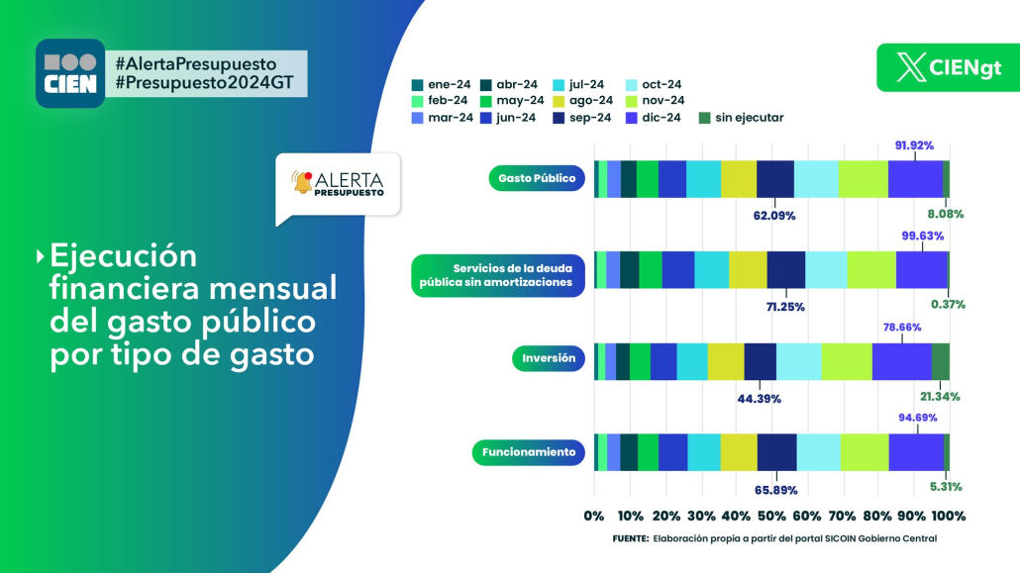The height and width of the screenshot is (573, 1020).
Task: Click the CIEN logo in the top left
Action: coord(70,73)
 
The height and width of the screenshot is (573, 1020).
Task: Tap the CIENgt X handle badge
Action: coord(949,67)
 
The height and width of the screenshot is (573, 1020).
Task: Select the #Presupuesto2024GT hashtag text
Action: coord(205,83)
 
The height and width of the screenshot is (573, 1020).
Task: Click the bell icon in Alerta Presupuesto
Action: coord(302,183)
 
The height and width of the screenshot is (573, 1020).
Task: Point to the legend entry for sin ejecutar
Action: coord(741,118)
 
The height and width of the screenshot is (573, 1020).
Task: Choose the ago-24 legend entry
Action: coord(583,101)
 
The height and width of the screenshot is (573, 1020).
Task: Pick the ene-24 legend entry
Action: coord(441,84)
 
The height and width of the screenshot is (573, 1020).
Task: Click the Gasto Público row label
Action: coord(537,178)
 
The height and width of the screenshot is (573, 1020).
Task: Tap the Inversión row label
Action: coord(549,358)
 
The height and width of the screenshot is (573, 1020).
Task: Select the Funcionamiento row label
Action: coord(528,452)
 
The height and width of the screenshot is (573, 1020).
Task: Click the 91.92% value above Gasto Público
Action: coord(914,145)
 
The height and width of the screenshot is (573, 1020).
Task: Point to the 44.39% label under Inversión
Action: coord(760,399)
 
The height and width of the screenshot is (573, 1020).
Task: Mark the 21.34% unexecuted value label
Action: coord(940,396)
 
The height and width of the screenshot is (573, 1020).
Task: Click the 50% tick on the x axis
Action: coord(771,516)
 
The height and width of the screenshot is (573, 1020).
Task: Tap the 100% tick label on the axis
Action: coord(949,516)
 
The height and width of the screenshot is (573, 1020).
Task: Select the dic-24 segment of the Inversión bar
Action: coord(901,361)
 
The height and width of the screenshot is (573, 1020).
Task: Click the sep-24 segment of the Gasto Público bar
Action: coord(774,179)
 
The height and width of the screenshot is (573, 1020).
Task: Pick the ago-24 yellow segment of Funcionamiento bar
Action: coord(739,452)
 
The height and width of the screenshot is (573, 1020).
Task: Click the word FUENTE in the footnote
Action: coord(631,538)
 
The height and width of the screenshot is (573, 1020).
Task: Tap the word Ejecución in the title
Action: coord(123,255)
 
